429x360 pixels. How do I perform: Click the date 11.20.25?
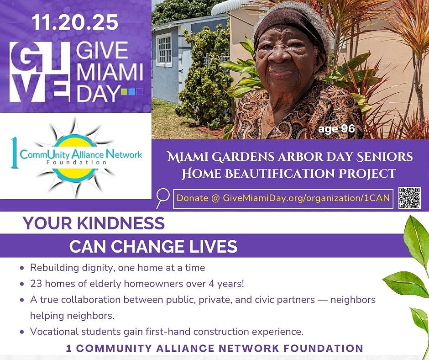(75, 22)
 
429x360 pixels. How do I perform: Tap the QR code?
(409, 198)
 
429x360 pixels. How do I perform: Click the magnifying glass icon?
(162, 198)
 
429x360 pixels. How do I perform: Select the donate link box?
(283, 199)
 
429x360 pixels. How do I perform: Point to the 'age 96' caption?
(336, 129)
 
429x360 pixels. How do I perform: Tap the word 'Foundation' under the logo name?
(76, 163)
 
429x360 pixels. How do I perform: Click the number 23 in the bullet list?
(36, 284)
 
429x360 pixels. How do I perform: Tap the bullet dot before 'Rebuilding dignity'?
(22, 268)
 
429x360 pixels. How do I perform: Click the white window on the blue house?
(164, 50)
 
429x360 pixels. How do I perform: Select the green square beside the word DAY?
(124, 92)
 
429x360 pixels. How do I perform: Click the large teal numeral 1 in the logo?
(15, 153)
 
